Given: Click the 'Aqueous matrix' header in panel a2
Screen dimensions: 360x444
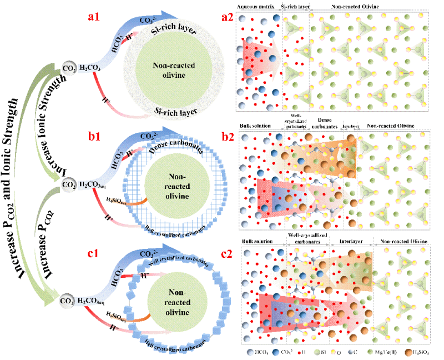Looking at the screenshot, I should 257,7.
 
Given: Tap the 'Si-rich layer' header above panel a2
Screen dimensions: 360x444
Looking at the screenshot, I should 295,7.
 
